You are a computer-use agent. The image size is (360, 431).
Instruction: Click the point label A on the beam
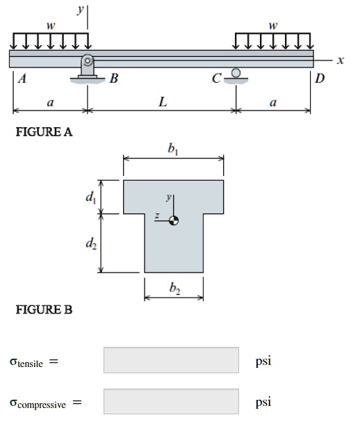(x=22, y=79)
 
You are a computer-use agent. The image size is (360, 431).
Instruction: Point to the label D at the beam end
(x=319, y=78)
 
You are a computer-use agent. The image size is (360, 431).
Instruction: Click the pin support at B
(x=88, y=67)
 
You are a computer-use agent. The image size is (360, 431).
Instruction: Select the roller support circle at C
(x=236, y=72)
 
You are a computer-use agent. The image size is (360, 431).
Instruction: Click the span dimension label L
(x=162, y=101)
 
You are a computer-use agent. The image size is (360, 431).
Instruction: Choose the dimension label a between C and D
(x=273, y=102)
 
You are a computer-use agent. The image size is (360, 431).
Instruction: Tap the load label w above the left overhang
(x=49, y=26)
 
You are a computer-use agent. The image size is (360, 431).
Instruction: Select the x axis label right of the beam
(x=339, y=60)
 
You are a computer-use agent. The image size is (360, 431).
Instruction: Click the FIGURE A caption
(x=44, y=132)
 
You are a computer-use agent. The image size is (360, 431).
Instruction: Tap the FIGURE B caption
(x=43, y=309)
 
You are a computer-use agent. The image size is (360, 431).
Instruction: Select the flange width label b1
(x=173, y=149)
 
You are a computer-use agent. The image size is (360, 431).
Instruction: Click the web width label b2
(x=174, y=291)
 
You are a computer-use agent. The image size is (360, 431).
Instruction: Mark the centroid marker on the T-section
(x=174, y=220)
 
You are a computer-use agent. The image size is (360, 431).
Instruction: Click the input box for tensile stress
(x=171, y=360)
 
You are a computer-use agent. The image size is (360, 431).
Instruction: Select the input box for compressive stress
(x=171, y=401)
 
